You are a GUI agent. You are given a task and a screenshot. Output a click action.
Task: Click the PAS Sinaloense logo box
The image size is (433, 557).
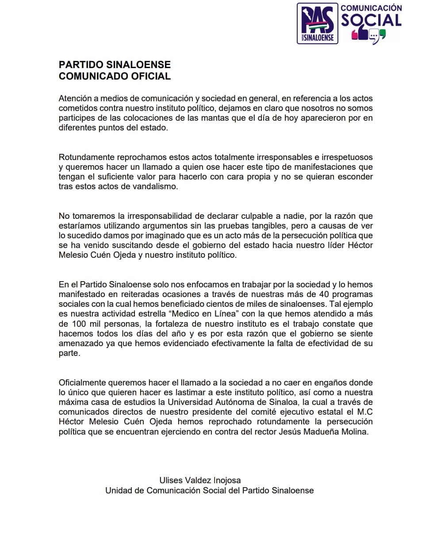[x=317, y=23]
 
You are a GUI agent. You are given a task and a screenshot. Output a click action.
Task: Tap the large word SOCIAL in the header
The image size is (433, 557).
[x=371, y=20]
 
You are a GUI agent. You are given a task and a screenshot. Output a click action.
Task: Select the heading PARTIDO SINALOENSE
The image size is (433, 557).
[x=115, y=65]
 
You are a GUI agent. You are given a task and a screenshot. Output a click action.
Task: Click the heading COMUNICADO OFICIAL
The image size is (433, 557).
[x=115, y=76]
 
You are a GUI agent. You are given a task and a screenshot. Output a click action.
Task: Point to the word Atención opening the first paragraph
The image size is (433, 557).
[x=75, y=99]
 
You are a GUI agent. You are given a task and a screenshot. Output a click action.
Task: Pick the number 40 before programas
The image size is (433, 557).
[x=324, y=294]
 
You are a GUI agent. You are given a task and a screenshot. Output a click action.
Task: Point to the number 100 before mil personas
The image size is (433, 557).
[x=79, y=324]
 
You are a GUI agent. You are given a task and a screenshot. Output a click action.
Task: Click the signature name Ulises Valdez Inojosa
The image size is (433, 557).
[x=200, y=480]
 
